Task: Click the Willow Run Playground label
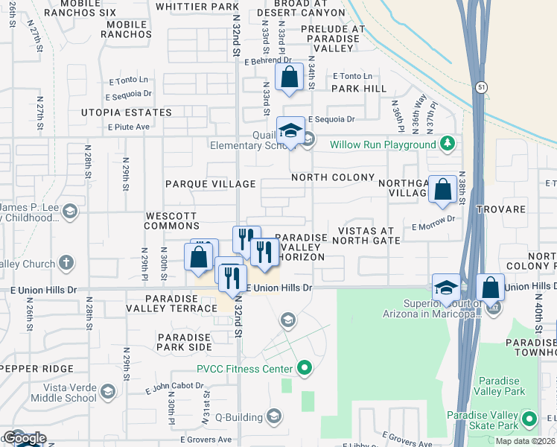(383, 145)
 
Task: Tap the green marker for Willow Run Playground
(447, 143)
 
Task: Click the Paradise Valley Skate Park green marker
(529, 420)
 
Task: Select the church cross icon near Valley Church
(66, 263)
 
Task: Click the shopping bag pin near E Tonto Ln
(289, 77)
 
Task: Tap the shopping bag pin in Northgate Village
(443, 190)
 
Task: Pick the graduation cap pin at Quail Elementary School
(290, 131)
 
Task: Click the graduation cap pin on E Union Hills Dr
(446, 288)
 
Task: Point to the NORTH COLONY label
(333, 177)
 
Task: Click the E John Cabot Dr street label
(169, 387)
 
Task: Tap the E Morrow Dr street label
(433, 224)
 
